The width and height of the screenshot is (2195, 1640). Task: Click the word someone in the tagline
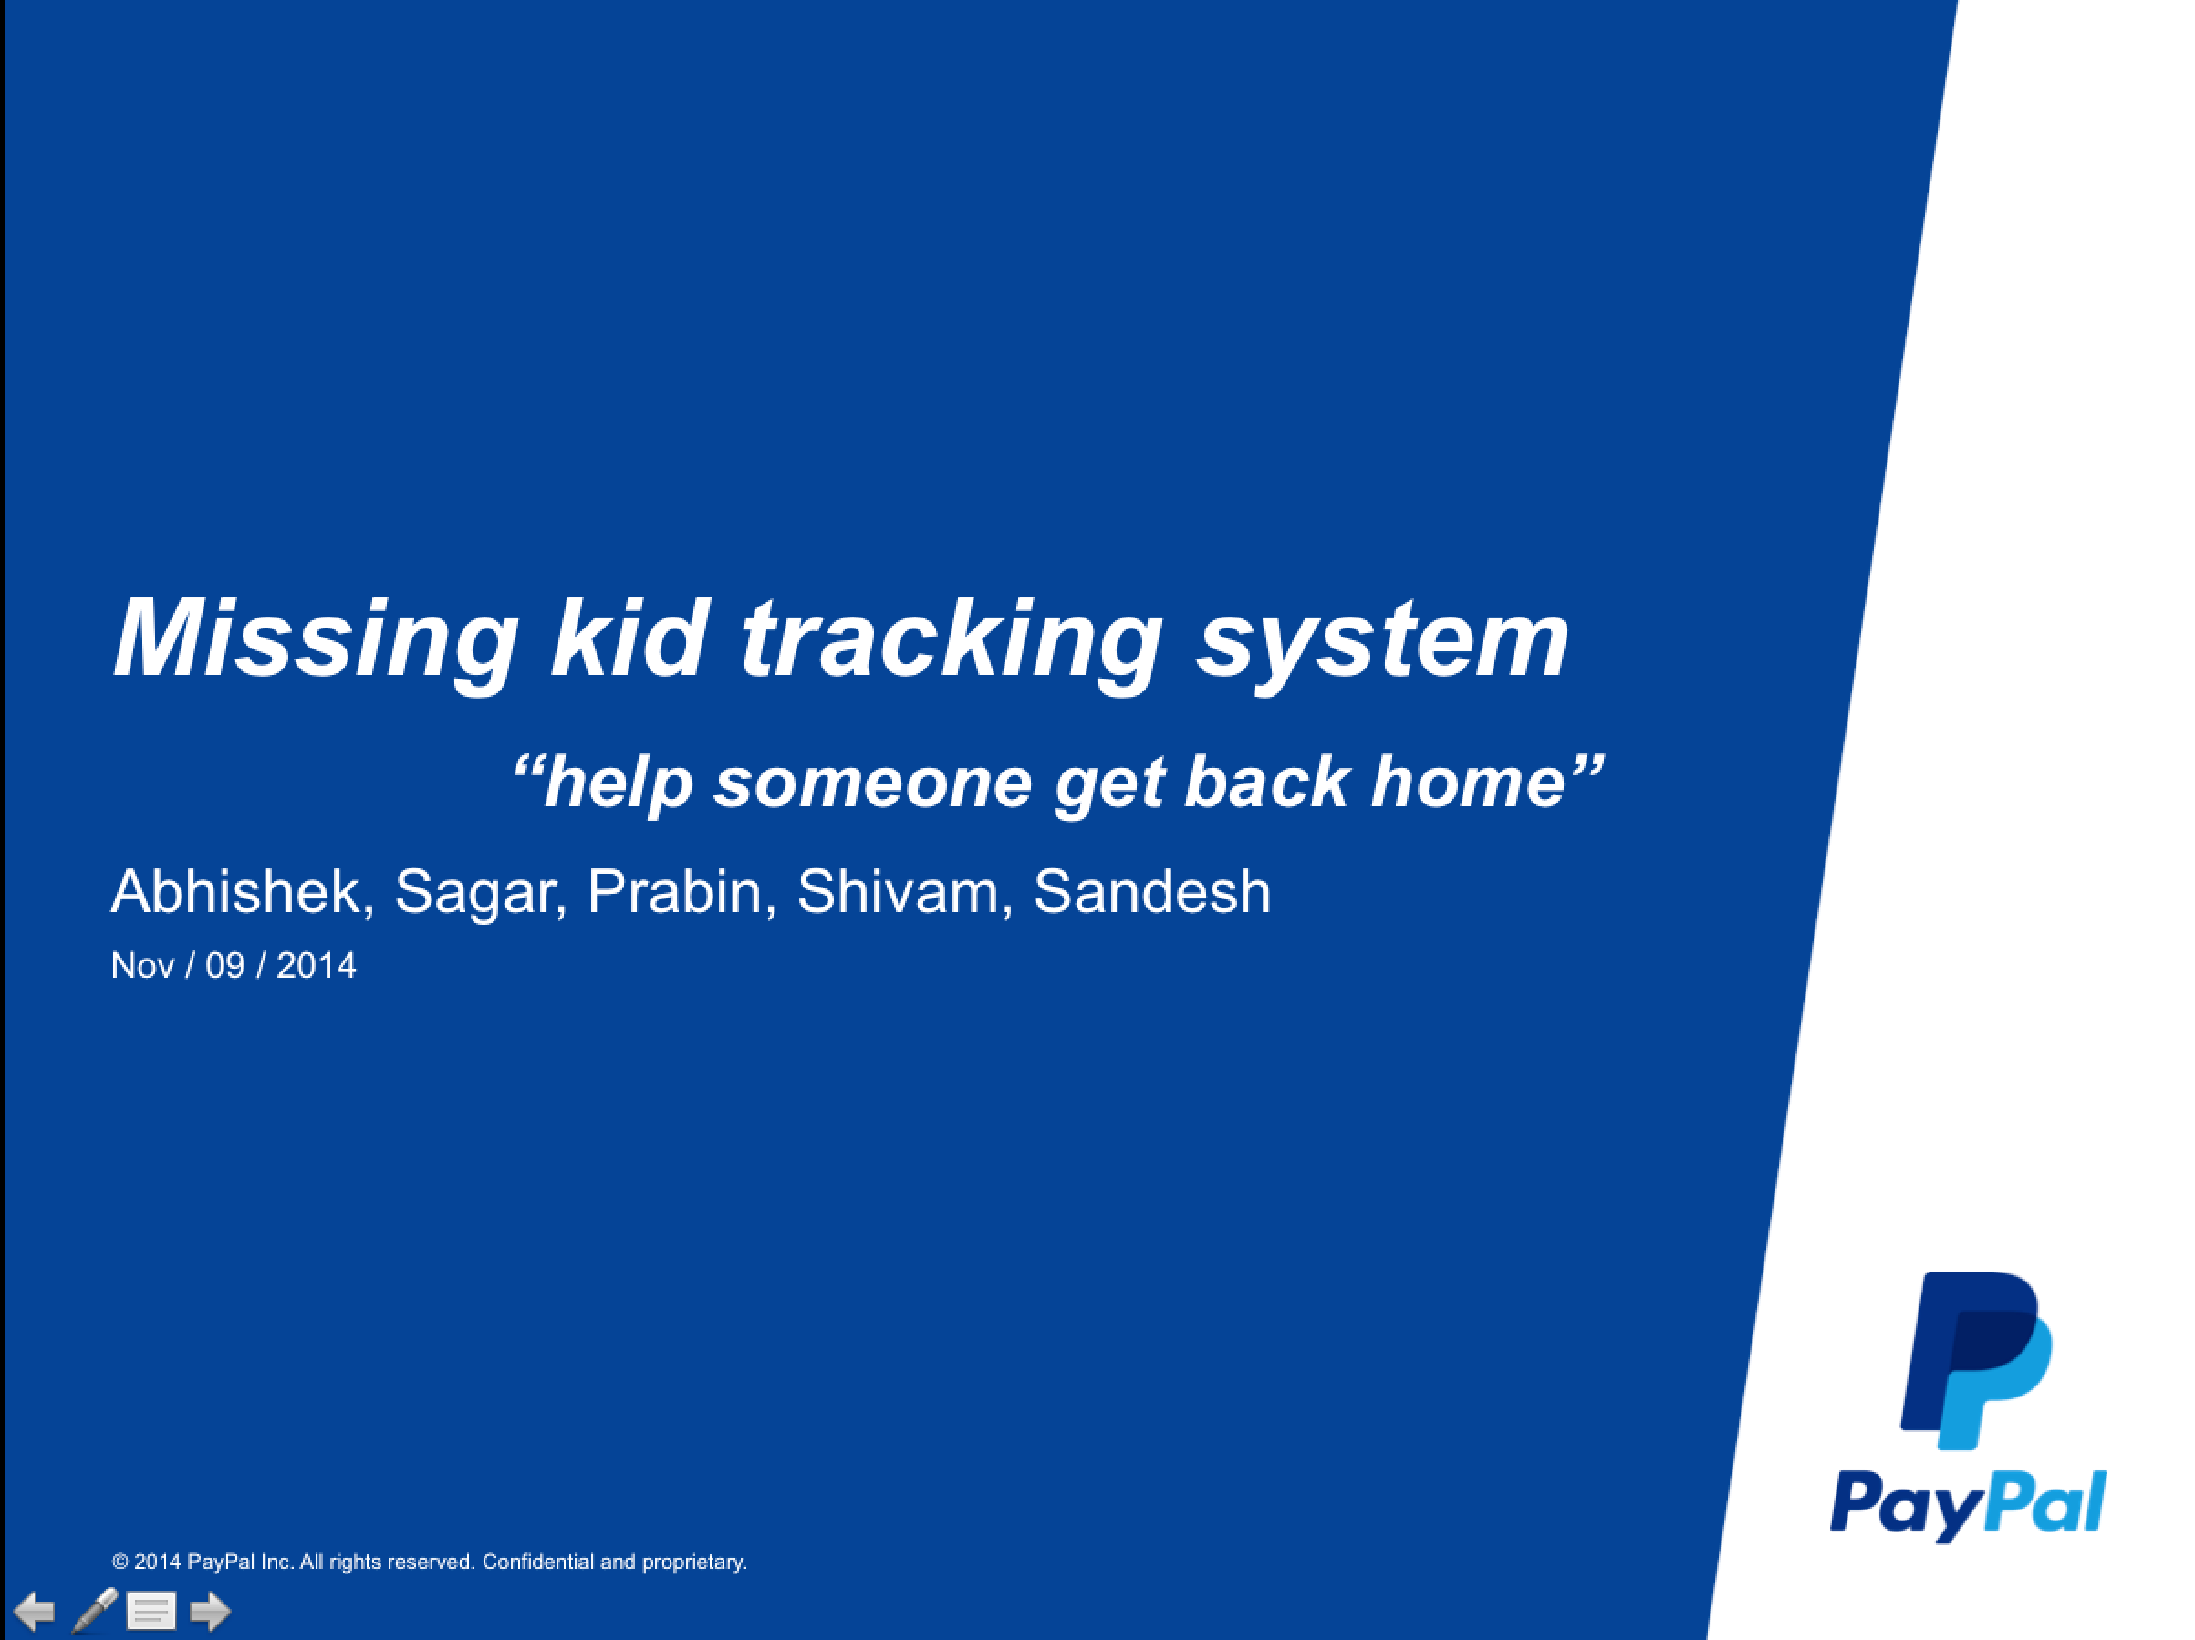(x=873, y=783)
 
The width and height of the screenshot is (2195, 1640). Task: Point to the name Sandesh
(x=1152, y=891)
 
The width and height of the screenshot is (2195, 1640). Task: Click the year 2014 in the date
(x=316, y=965)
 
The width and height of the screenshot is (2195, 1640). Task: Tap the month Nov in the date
(x=142, y=965)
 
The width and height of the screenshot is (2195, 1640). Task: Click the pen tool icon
(x=95, y=1610)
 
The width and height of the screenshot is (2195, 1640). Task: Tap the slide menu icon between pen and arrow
(x=151, y=1611)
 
